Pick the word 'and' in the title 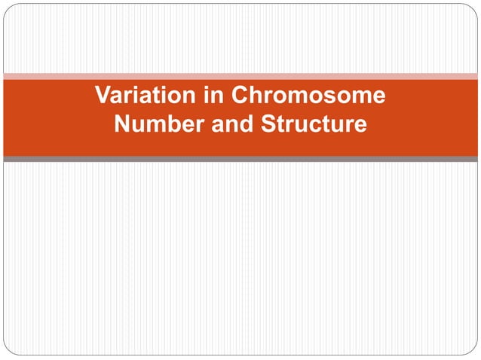tap(233, 124)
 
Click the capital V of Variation tap(103, 96)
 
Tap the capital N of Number tap(122, 124)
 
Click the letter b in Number tap(169, 124)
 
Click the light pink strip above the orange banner tap(240, 76)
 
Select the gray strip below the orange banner tap(240, 159)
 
